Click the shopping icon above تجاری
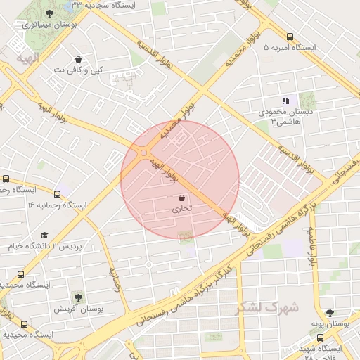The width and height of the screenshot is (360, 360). [182, 198]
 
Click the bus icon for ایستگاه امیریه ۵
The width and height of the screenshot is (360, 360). [290, 37]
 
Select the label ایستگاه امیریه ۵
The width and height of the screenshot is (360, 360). [290, 48]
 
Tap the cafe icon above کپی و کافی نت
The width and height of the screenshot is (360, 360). [78, 59]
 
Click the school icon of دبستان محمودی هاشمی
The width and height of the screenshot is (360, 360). [285, 101]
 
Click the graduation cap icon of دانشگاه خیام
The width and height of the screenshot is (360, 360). [44, 236]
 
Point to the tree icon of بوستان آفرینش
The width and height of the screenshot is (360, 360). [78, 297]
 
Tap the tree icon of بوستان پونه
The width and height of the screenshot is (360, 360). [330, 312]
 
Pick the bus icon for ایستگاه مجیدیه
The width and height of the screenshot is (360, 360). [25, 324]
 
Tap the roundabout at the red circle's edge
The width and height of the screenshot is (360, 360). [143, 153]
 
